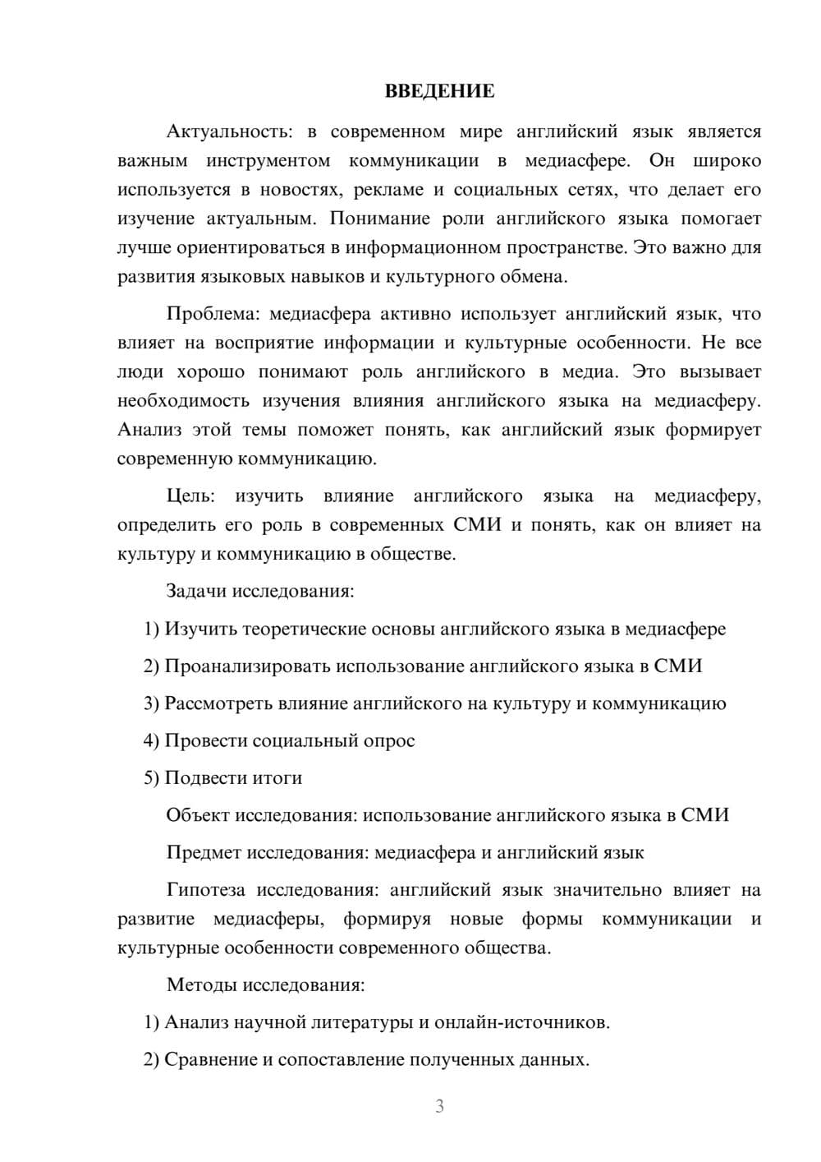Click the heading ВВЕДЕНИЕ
tap(439, 91)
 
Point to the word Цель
tap(190, 496)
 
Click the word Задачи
tap(197, 591)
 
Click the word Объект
tap(198, 815)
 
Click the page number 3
tap(439, 1106)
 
